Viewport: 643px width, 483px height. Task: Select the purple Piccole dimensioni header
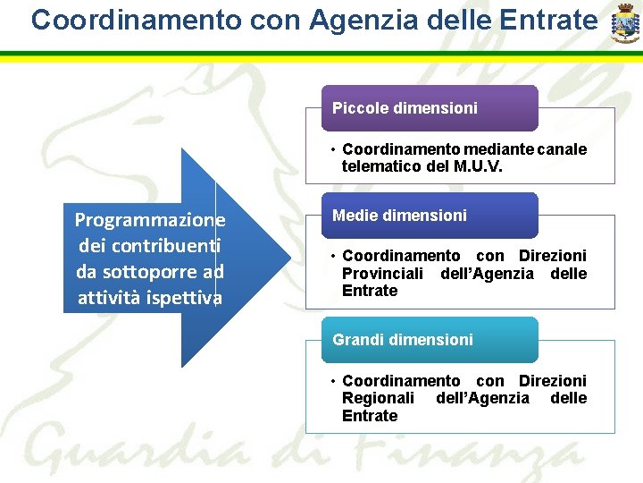click(x=430, y=108)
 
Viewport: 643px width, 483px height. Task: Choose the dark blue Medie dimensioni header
click(x=430, y=216)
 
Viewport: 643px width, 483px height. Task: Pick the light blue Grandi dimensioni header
click(x=430, y=340)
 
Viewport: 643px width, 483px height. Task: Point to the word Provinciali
click(x=383, y=274)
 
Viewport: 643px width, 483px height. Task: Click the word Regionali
click(x=378, y=398)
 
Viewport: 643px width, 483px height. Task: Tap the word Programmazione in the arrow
click(x=150, y=220)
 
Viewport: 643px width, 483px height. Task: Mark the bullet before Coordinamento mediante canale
click(x=331, y=150)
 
